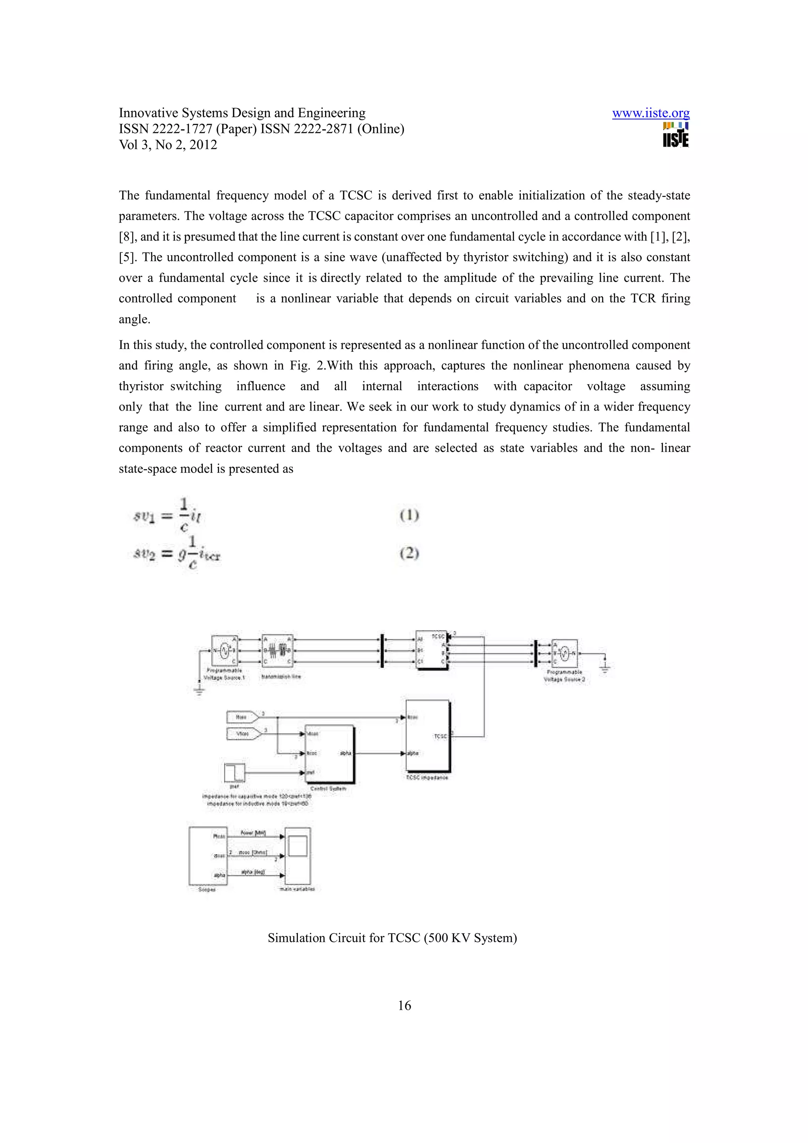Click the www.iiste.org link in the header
click(650, 114)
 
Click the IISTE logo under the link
click(675, 135)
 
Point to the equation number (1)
click(409, 515)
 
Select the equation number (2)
click(409, 553)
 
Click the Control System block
click(329, 754)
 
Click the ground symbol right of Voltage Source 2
click(605, 666)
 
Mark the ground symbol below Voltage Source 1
click(199, 690)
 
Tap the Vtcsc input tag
click(243, 733)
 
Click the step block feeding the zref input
click(234, 772)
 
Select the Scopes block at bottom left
click(208, 856)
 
